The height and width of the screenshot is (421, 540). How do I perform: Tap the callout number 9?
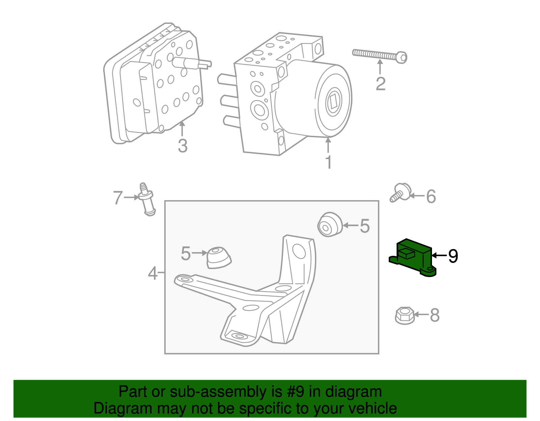tap(453, 256)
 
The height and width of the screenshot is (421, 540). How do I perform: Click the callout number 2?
tap(380, 84)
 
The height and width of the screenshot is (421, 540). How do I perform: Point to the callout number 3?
tap(183, 146)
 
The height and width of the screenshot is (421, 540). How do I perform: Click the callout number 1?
tap(328, 162)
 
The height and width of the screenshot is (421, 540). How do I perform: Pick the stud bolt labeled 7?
tap(146, 200)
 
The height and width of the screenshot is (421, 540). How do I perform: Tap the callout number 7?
tap(117, 198)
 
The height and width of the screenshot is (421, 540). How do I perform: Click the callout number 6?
tap(431, 197)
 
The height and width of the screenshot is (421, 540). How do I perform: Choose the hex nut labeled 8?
tap(405, 315)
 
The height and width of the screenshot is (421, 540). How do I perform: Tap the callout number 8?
tap(435, 315)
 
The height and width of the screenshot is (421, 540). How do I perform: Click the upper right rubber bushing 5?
tap(329, 225)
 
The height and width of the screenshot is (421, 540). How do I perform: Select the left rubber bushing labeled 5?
tap(218, 258)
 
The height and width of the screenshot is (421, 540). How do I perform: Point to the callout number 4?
tap(153, 273)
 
